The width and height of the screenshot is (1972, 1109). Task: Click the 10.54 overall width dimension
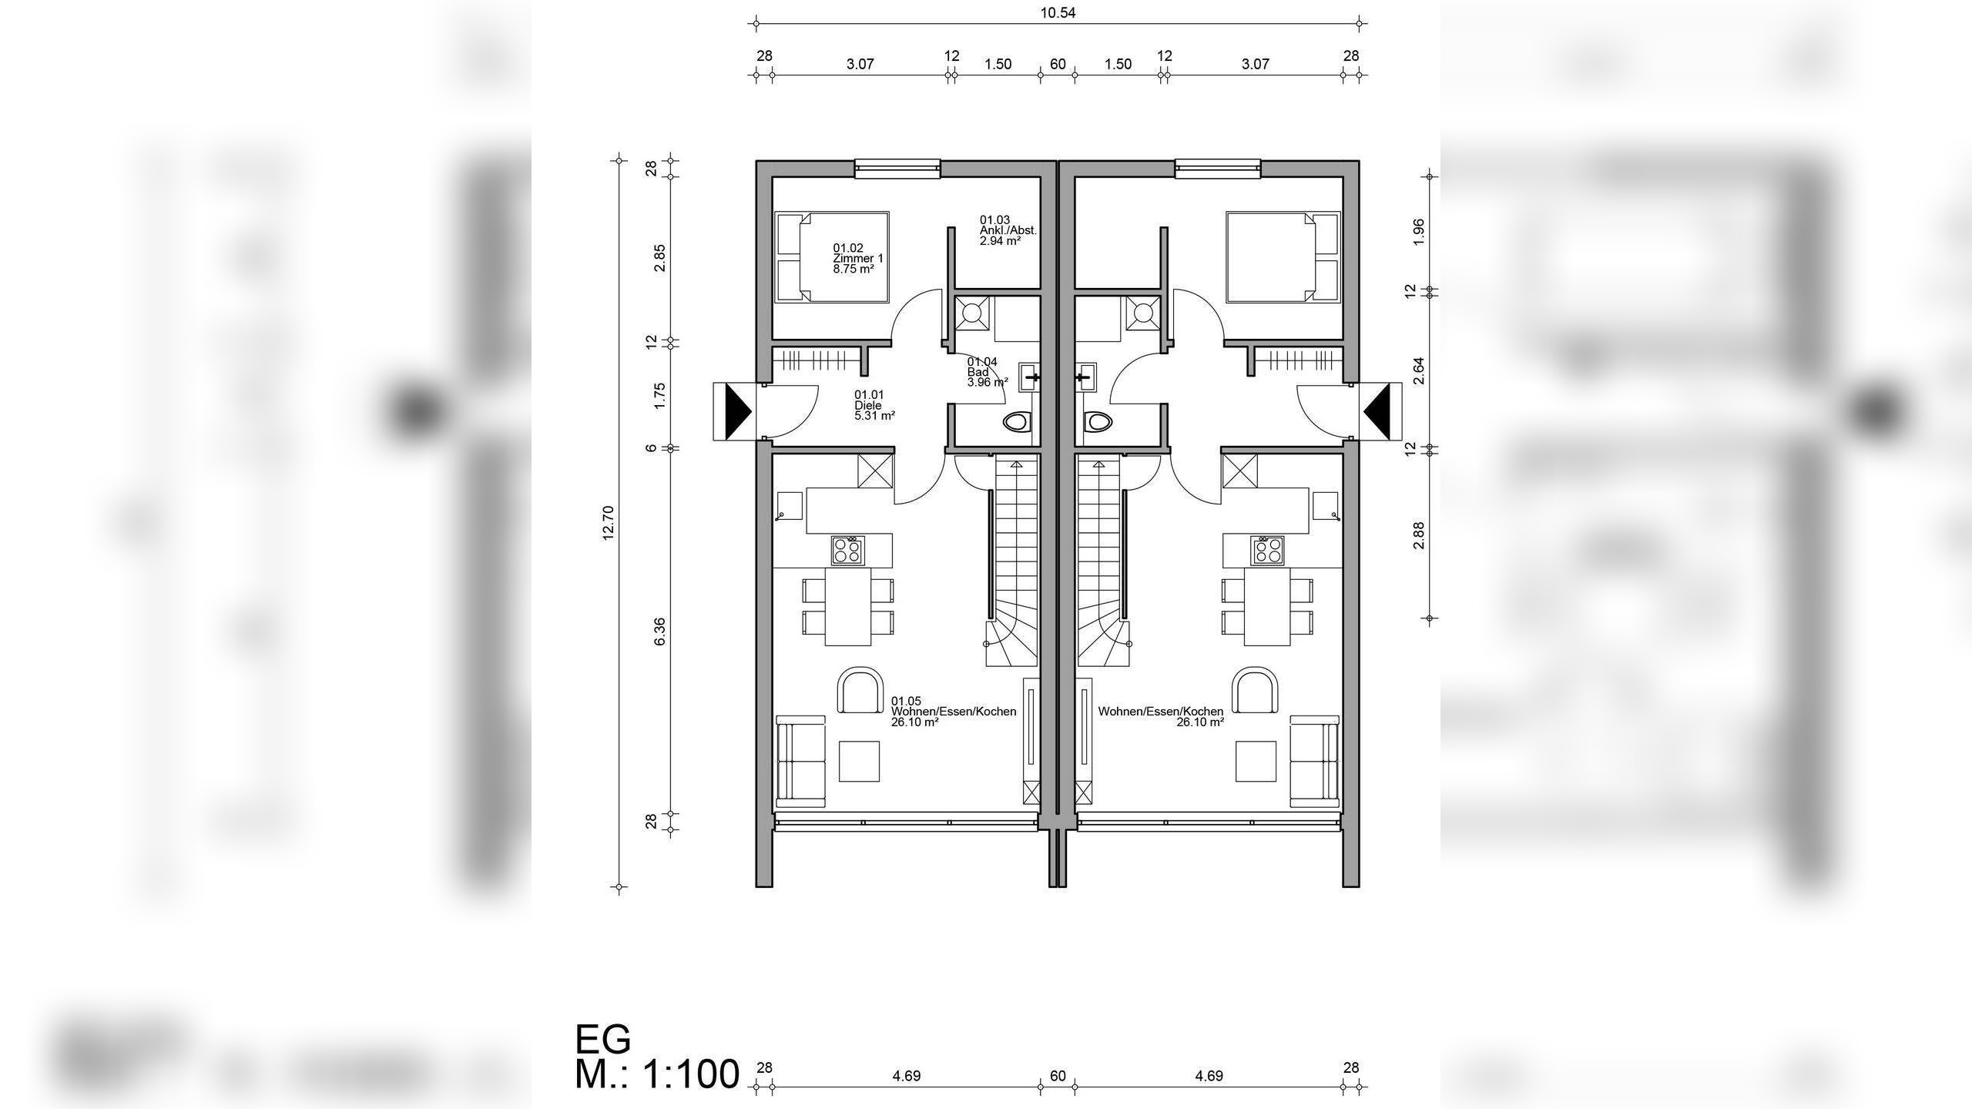(1058, 13)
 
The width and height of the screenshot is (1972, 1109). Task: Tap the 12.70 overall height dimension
(608, 523)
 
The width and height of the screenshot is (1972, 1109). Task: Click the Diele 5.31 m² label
(874, 405)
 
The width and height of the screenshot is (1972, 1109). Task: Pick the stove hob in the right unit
(1268, 551)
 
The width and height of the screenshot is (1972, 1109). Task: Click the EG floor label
(603, 1039)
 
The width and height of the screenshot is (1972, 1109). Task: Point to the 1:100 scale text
(691, 1075)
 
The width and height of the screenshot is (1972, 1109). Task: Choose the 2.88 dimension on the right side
(1418, 535)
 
